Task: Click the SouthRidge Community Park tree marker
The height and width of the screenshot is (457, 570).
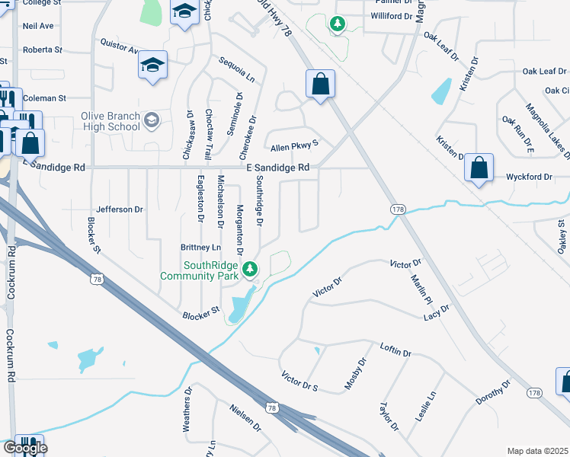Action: click(250, 269)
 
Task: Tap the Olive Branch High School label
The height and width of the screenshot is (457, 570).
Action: click(110, 121)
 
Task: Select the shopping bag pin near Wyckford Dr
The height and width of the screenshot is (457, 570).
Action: click(479, 168)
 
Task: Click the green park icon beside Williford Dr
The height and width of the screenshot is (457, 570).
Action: click(337, 25)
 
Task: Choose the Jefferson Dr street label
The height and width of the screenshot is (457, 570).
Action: click(120, 209)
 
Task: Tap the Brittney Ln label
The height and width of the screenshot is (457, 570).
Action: click(200, 248)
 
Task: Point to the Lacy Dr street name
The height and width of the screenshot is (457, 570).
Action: click(438, 312)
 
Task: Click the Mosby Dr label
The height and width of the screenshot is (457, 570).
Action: click(355, 372)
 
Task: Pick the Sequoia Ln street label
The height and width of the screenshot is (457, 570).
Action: click(236, 69)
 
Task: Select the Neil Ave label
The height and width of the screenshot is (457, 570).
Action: click(38, 26)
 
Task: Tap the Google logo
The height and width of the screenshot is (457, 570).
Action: click(24, 448)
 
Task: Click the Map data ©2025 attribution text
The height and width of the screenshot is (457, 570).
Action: click(536, 451)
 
